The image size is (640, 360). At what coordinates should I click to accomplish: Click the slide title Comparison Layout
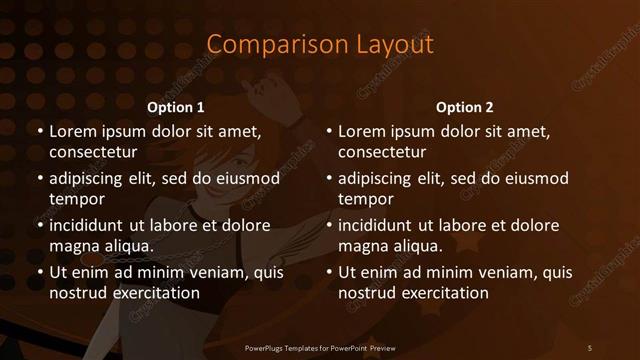pos(320,45)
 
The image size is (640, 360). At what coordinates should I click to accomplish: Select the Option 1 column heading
pos(176,107)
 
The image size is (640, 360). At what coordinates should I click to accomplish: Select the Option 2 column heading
pos(465,107)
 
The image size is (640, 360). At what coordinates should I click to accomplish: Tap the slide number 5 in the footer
pos(590,347)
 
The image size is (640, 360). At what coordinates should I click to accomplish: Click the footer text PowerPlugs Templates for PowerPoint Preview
pos(320,347)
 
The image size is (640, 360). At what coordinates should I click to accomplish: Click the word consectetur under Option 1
pos(93,153)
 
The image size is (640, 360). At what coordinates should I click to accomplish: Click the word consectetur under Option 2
pos(382,153)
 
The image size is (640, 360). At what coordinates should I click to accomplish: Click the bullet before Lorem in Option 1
pos(40,132)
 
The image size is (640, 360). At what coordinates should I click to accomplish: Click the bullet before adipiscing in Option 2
pos(329,179)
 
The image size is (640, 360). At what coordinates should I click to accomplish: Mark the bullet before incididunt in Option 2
pos(329,226)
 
